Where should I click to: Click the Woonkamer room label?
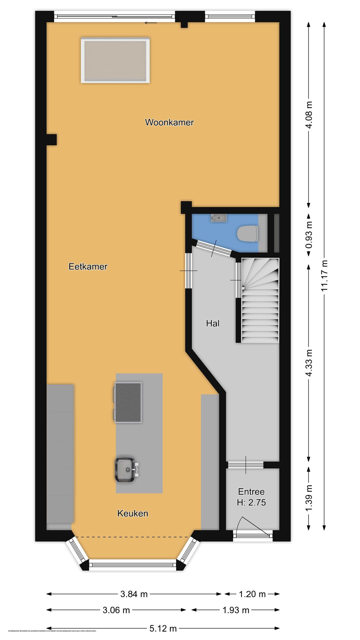169,122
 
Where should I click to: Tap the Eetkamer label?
88,266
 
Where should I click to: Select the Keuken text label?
133,513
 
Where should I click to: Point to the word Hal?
213,323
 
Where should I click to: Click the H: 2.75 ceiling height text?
251,503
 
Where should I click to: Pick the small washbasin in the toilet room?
219,218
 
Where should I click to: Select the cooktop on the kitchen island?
128,402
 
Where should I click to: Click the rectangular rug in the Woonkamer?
115,60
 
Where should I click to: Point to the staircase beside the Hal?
260,300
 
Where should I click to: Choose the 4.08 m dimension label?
309,115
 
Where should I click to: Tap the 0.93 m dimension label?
309,235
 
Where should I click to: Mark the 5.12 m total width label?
163,629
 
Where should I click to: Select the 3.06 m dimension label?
116,610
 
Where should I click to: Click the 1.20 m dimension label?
252,594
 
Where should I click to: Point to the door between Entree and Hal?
246,465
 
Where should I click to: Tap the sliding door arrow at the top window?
151,23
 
